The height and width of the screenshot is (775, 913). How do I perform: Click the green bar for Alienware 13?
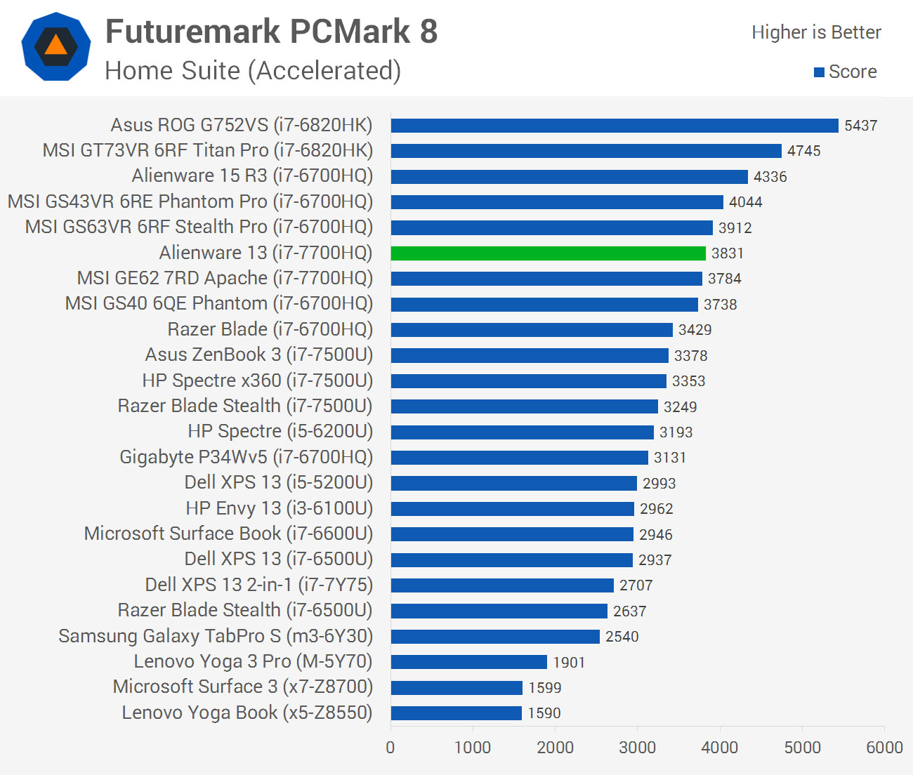[548, 253]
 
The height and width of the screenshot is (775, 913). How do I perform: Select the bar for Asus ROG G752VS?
[615, 126]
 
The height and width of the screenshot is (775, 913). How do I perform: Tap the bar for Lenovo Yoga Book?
[456, 713]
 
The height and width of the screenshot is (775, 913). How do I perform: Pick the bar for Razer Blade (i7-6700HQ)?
[532, 330]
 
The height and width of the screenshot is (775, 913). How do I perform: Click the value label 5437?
[860, 126]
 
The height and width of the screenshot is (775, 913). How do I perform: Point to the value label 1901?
[569, 662]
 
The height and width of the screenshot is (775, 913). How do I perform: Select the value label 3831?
[727, 253]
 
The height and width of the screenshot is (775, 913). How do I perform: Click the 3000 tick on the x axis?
[637, 748]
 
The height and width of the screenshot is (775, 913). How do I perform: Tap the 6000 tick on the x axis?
[884, 748]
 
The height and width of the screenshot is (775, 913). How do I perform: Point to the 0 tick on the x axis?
[390, 748]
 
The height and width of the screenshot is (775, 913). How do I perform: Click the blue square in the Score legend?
[819, 72]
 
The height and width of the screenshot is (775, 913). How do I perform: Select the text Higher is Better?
[816, 32]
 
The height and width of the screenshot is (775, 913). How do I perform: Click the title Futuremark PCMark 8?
[271, 32]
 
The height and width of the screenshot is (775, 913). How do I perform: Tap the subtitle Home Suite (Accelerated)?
[253, 71]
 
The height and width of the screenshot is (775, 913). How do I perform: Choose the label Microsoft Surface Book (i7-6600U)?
[228, 534]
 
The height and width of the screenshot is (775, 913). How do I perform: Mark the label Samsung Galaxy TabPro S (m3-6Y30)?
[216, 636]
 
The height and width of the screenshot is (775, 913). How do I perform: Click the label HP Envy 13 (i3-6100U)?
[279, 508]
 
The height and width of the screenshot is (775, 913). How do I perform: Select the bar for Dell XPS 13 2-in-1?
[502, 585]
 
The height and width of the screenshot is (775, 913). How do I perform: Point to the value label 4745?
[803, 151]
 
